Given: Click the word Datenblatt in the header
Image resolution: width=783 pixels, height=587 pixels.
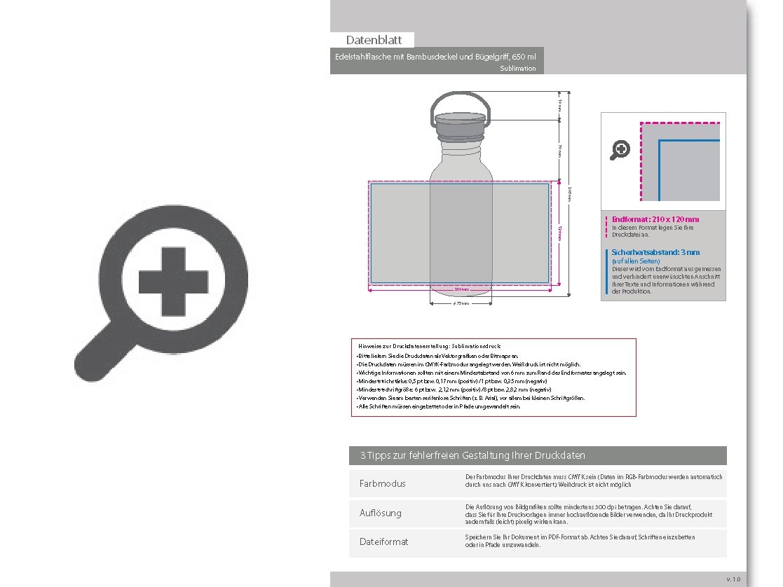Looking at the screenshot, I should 374,40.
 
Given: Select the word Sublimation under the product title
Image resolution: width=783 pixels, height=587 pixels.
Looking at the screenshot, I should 518,69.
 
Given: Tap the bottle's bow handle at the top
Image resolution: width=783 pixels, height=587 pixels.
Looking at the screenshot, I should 459,102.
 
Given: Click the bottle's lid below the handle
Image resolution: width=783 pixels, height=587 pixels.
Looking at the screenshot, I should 459,127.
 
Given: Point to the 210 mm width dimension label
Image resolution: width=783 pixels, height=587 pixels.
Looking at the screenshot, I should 461,289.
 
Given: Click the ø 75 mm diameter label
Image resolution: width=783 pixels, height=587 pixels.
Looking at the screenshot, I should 461,305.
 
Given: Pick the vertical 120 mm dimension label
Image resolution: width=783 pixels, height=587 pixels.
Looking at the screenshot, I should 560,234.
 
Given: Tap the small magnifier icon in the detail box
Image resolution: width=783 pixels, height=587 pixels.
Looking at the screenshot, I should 620,149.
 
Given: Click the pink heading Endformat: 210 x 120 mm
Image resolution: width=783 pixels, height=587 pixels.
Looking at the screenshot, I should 655,219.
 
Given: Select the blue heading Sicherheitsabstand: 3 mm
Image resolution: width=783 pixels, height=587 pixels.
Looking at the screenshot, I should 655,252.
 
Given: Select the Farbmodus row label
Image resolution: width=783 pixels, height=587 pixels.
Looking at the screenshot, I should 382,484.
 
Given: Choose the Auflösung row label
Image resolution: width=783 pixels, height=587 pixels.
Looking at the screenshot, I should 381,513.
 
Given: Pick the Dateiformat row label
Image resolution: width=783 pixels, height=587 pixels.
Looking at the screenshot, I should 383,542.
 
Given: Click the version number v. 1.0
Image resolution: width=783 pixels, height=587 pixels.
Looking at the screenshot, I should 733,579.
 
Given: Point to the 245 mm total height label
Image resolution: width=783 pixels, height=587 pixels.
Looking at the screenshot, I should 571,194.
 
